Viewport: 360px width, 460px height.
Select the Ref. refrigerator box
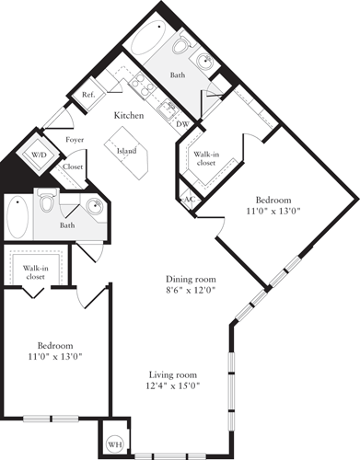90,95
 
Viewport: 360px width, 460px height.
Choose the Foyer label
75,140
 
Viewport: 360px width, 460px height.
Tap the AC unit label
189,199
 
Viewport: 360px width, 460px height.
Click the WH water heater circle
115,443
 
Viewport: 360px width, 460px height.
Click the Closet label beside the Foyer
72,167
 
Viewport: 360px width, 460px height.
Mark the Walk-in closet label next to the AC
204,159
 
